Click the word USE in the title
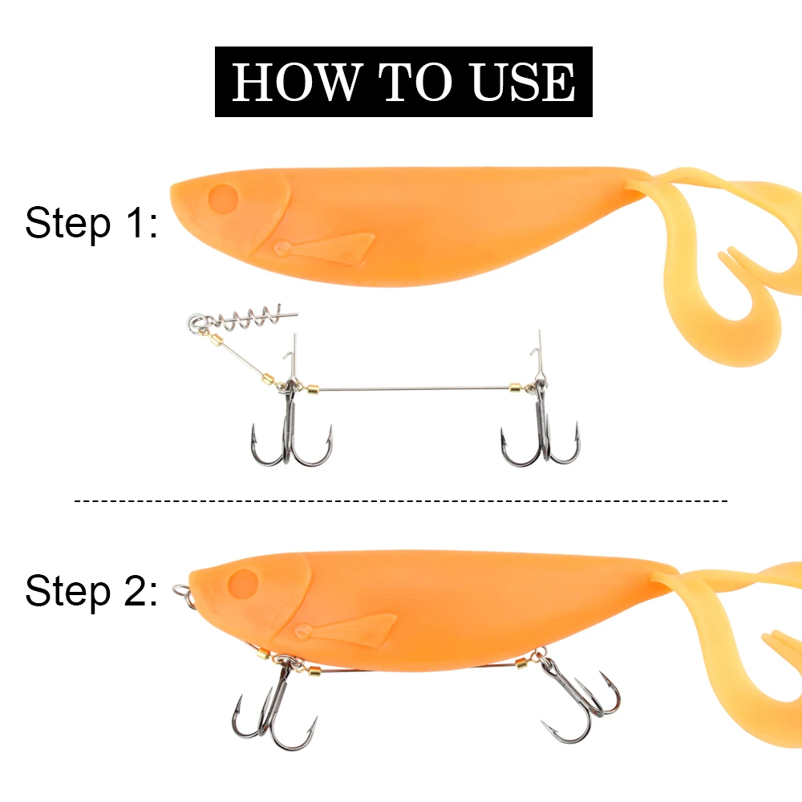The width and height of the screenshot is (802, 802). [x=524, y=82]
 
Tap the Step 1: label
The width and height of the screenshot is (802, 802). [x=90, y=223]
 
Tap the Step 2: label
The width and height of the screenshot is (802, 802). [x=90, y=592]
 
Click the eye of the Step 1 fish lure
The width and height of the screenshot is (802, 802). [x=224, y=197]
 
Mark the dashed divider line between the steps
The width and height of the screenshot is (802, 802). [x=401, y=501]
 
